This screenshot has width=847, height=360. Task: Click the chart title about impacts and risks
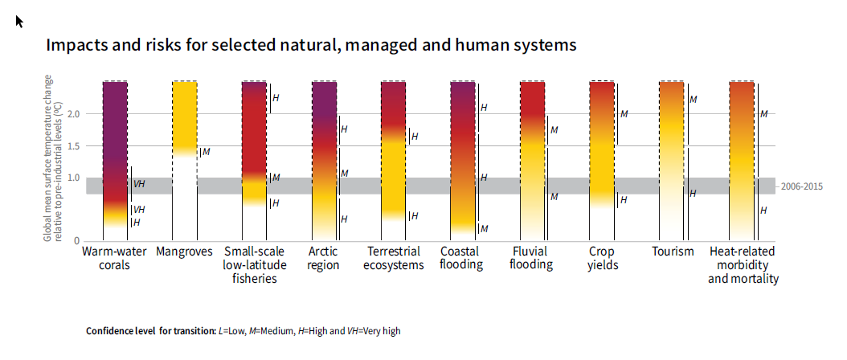(x=311, y=45)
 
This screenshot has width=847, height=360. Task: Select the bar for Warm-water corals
(x=115, y=161)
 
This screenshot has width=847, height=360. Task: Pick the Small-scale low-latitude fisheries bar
(x=254, y=161)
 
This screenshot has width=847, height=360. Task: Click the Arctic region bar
(x=323, y=161)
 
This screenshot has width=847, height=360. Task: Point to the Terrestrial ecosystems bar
(x=393, y=161)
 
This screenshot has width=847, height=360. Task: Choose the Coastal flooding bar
(x=462, y=161)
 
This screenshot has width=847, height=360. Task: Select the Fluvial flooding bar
(x=532, y=161)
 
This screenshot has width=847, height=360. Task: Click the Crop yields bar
(x=601, y=161)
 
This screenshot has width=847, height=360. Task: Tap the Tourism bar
(x=671, y=161)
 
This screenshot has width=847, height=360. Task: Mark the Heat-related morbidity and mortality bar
(x=741, y=161)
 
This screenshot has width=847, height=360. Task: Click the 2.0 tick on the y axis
(x=74, y=114)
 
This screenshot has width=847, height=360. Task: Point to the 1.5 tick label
(x=74, y=146)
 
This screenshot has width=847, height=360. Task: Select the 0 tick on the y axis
(x=77, y=241)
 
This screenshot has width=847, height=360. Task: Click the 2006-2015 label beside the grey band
(x=802, y=186)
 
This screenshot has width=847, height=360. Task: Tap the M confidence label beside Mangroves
(x=207, y=151)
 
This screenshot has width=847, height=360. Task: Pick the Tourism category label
(x=673, y=252)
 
